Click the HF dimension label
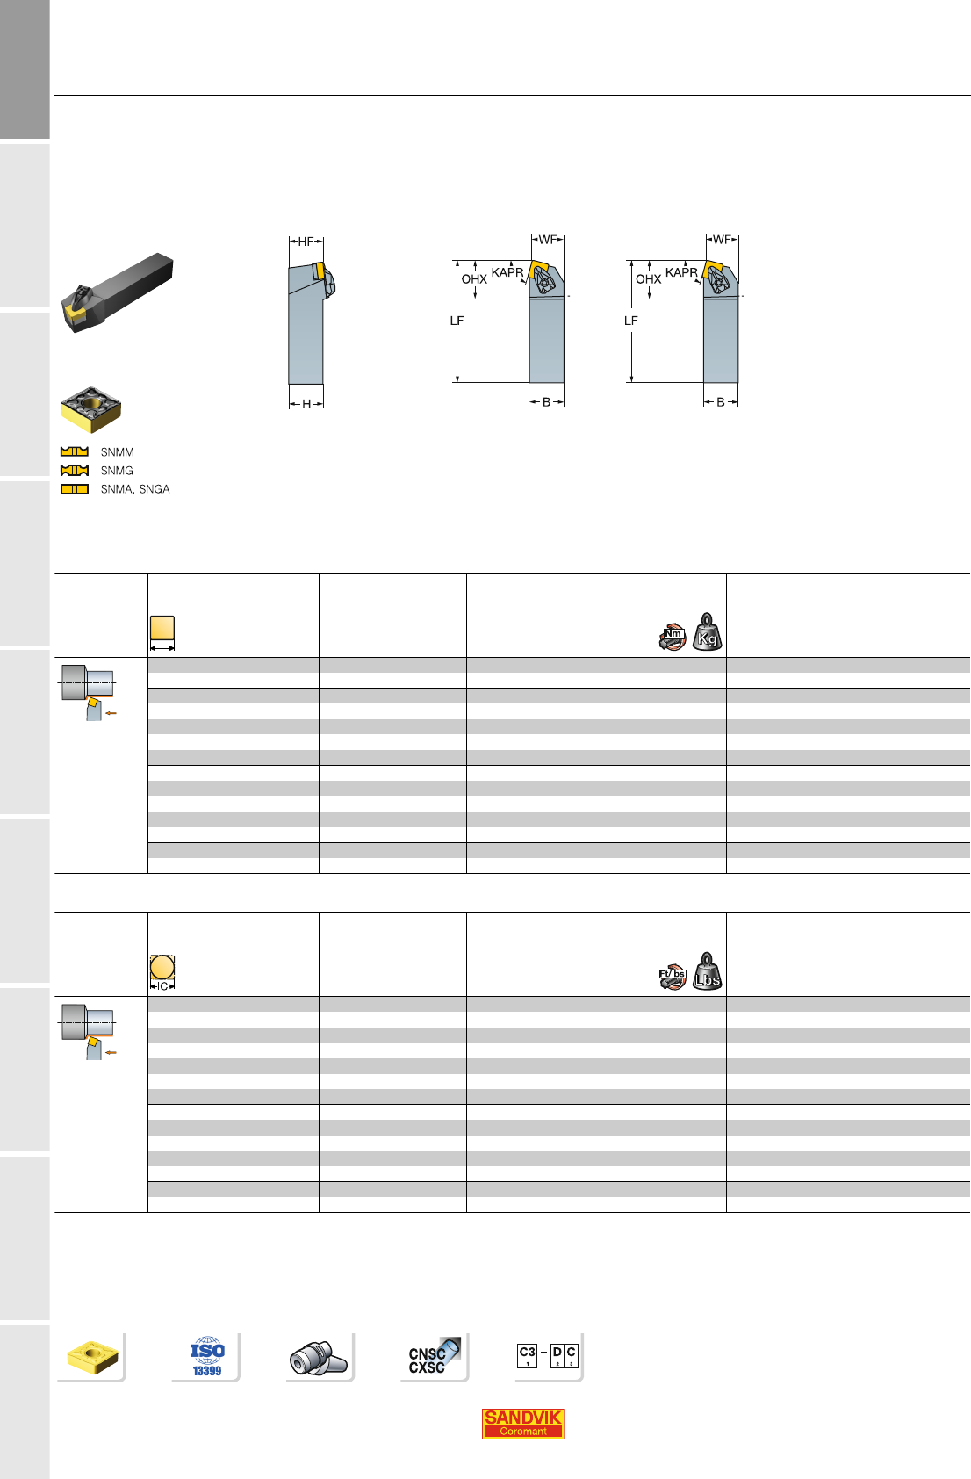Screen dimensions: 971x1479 coord(306,242)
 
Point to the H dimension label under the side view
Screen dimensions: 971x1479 coord(306,404)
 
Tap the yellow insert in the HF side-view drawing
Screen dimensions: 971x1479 coord(320,271)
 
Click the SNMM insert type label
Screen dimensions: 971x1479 coord(117,452)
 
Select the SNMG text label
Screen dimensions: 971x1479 coord(117,471)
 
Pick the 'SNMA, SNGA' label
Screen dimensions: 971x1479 coord(134,489)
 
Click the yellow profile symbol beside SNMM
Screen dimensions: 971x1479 coord(74,451)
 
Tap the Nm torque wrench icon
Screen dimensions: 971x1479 coord(673,637)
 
